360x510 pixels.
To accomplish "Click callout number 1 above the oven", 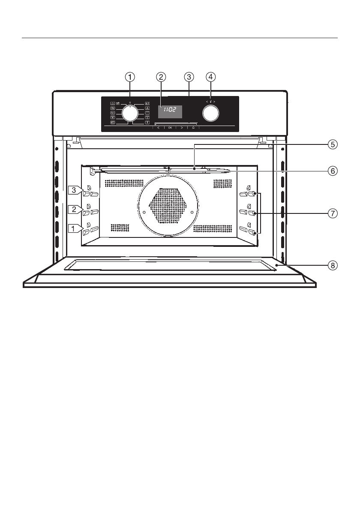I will [130, 77].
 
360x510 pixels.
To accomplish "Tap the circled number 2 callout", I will [161, 77].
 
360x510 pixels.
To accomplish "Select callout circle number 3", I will [189, 77].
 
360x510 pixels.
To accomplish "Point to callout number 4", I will [210, 77].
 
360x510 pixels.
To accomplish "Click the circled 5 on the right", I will [332, 145].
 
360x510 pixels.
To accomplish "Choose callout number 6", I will [332, 171].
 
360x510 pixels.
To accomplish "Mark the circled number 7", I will [332, 213].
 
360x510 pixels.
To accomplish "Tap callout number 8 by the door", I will [332, 265].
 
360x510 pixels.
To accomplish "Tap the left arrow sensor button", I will [158, 127].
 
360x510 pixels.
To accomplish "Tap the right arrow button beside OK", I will [182, 127].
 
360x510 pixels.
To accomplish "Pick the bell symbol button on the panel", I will [193, 127].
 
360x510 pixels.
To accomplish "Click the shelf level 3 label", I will [74, 189].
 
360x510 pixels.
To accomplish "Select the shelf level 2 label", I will [74, 209].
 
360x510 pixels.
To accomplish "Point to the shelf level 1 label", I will [74, 229].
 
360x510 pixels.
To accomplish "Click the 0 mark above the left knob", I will [129, 103].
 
